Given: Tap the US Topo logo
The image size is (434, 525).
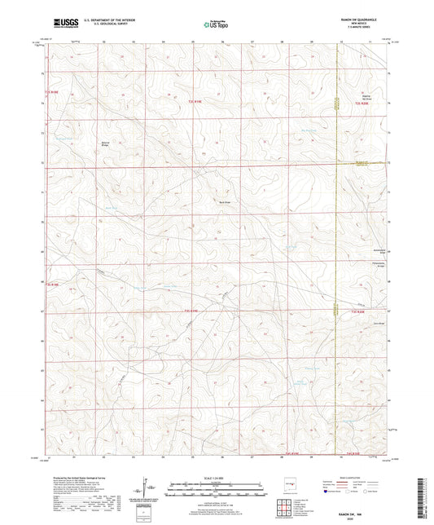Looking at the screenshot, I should click(215, 24).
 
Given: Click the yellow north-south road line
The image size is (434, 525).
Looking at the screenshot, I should click(337, 245).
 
